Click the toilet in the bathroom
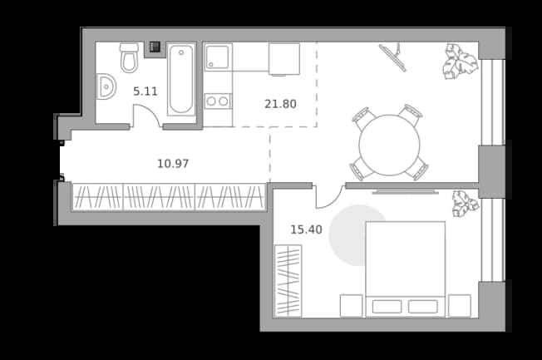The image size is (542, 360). pos(130,57)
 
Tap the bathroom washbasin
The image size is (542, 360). pos(106,86)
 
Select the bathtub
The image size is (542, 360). pos(180,80)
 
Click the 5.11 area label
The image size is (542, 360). pos(145,91)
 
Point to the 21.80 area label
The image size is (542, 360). pos(280,104)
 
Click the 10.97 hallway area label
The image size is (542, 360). pos(173,163)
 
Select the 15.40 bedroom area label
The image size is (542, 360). pos(306,229)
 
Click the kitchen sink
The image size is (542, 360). pos(218,57)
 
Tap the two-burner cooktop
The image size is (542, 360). pos(218,101)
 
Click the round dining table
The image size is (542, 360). pos(389,145)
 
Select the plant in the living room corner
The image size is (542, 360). pos(460,62)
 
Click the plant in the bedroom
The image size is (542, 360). pos(466,204)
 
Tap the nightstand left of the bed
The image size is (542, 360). pos(351,306)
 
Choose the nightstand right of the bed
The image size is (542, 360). pos(460,306)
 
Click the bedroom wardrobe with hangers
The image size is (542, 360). pos(288,281)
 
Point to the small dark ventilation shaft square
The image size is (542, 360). pos(155,47)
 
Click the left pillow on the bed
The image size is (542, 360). pos(387,307)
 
